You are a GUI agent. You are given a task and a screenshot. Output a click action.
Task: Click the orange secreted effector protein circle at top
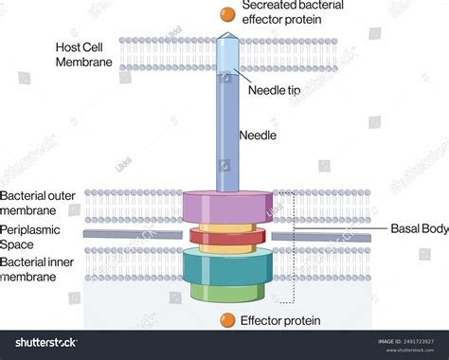226,13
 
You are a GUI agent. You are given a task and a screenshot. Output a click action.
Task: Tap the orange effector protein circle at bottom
226,319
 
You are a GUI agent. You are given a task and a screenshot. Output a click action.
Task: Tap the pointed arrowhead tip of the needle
226,37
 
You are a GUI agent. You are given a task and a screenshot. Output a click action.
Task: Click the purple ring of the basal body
226,207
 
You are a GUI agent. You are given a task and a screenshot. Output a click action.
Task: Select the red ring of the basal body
226,236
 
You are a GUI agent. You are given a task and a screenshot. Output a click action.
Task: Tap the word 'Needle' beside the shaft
257,135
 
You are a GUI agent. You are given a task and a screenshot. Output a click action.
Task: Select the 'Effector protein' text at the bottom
279,320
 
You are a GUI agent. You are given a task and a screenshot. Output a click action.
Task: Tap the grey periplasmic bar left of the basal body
133,233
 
